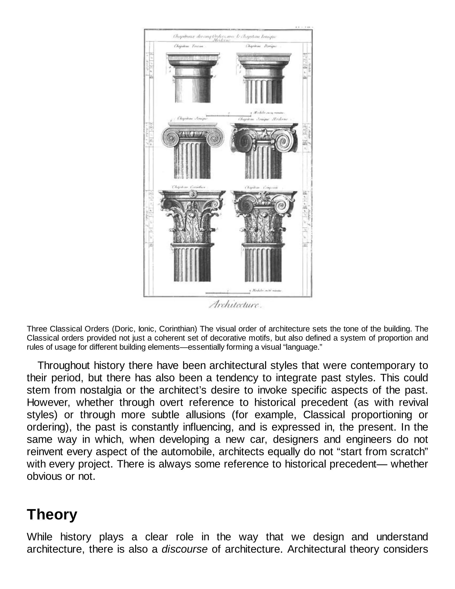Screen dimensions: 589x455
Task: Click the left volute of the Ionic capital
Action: click(x=171, y=138)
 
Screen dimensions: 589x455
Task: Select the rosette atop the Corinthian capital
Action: click(x=192, y=193)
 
